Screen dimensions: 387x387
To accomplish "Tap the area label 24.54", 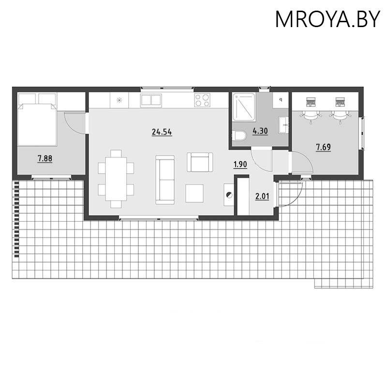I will point(162,132).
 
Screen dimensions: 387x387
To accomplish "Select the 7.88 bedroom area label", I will point(45,158).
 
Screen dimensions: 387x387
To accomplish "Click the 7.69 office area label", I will point(323,147).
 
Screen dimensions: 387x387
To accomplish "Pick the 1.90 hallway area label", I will point(240,164).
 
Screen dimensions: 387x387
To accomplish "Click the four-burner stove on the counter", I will point(202,100).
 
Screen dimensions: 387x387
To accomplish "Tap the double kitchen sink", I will point(151,100).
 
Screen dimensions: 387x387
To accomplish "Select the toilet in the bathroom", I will point(238,136).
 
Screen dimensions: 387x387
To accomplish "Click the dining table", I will point(116,179).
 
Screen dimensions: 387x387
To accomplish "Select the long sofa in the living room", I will point(164,180).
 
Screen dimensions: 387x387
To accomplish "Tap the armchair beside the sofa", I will point(199,162).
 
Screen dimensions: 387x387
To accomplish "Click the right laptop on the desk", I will point(340,102).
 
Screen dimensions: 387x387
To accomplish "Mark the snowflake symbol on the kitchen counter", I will point(119,101).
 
